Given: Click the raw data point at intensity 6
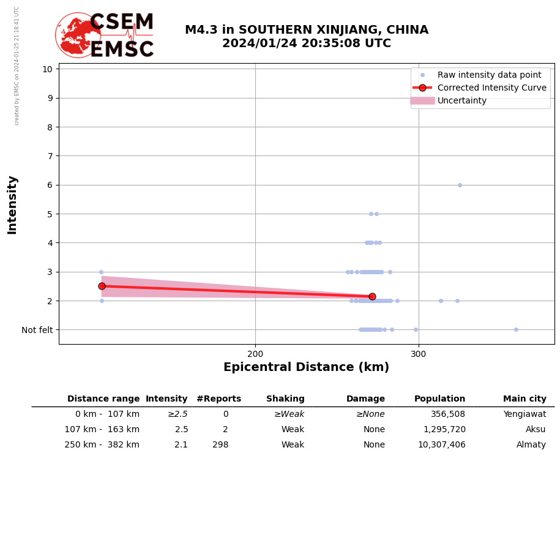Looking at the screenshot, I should point(460,185).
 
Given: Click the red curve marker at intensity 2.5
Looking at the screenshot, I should point(102,286).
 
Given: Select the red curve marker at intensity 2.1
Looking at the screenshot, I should point(372,296).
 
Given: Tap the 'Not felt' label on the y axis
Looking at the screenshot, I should point(37,330).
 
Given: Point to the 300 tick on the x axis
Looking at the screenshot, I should point(419,354).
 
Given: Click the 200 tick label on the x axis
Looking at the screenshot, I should point(255,354).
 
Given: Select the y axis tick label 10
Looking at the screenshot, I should point(47,69).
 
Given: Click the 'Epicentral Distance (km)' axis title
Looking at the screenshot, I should point(306,367).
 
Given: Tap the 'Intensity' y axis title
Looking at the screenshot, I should point(12,204).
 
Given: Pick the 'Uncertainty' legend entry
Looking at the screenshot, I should point(462,100).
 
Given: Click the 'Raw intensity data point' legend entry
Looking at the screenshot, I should point(489,75).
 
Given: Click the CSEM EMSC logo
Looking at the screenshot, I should point(105,36).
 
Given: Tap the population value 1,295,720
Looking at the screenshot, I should point(444,430).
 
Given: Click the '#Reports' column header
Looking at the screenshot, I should point(218,399).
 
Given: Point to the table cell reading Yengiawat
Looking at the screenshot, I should point(525,414).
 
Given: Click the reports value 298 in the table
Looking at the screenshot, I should point(220,445).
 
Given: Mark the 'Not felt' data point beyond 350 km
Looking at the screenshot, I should point(516,329).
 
